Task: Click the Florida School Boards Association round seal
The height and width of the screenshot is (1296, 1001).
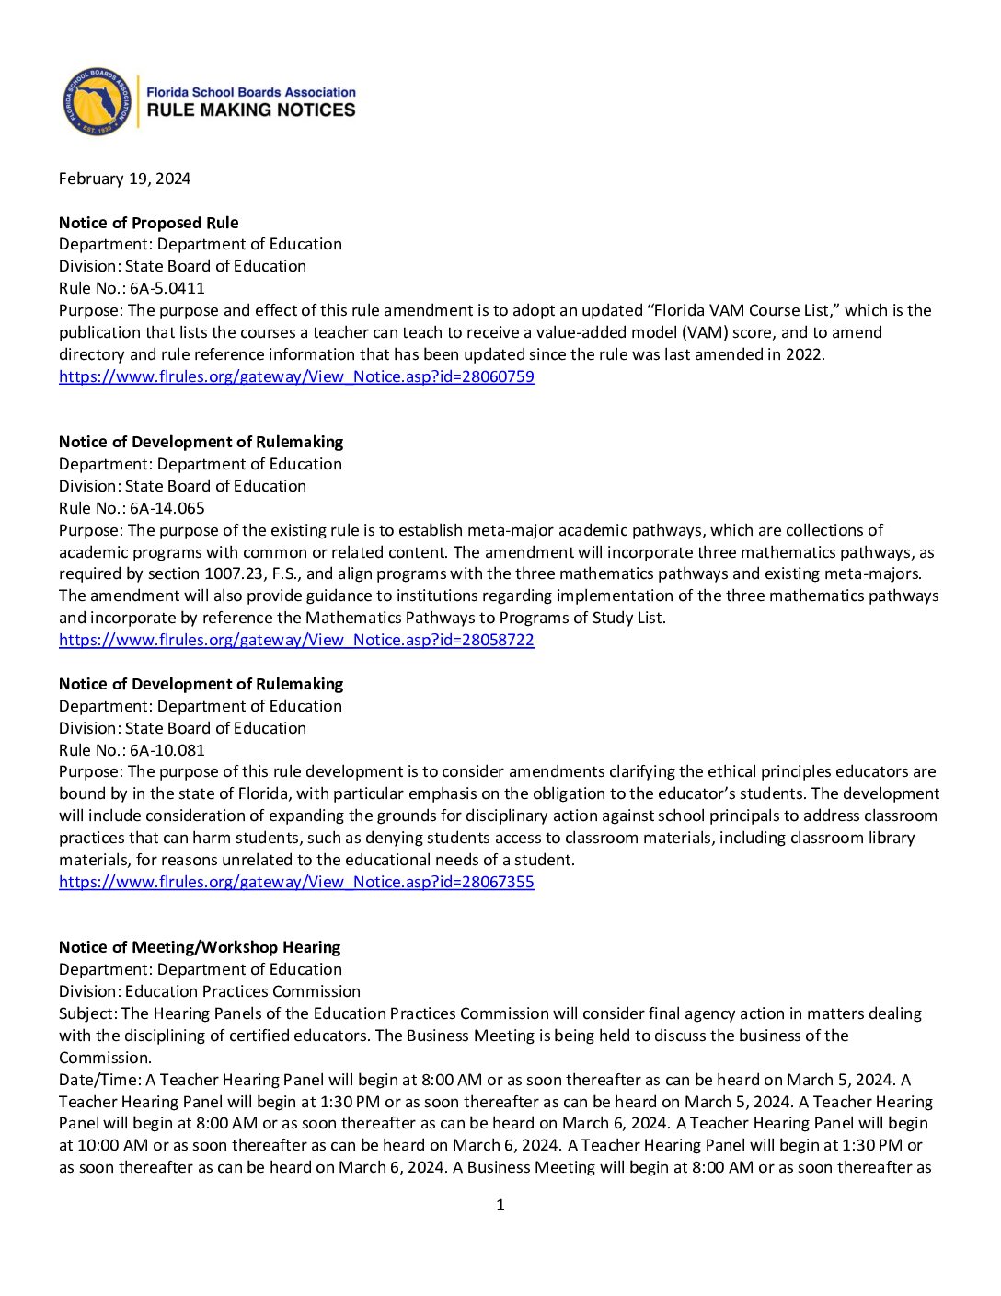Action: [97, 101]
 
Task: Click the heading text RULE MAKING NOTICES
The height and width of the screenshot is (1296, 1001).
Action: [251, 110]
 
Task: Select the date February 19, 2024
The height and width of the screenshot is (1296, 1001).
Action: [124, 179]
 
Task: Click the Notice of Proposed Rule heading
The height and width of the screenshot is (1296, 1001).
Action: [148, 223]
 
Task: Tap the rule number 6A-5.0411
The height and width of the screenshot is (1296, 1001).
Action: [167, 288]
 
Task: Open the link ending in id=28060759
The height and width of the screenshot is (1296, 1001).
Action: [296, 376]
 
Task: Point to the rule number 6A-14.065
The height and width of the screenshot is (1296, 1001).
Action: [167, 508]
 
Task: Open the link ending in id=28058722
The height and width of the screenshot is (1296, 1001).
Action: [296, 640]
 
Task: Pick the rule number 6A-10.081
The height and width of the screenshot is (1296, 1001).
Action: [167, 750]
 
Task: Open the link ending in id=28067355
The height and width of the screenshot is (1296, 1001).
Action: [296, 882]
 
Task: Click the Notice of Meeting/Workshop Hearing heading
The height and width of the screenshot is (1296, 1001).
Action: [200, 947]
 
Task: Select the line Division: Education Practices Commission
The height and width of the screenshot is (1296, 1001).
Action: [210, 991]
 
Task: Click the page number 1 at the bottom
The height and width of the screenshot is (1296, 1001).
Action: [500, 1205]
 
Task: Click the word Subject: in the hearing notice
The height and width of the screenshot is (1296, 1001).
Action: [88, 1013]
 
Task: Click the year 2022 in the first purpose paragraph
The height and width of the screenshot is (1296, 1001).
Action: [803, 354]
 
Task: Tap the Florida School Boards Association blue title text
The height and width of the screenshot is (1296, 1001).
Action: [251, 92]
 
